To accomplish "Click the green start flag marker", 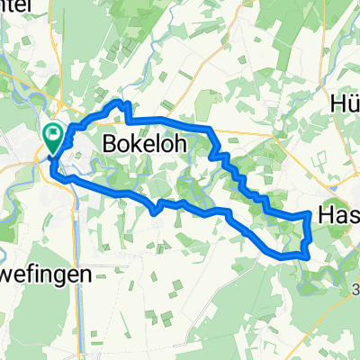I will (53, 138).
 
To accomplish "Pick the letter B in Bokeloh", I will (111, 142).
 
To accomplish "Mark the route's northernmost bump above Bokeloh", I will (117, 104).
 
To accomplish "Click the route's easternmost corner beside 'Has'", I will (310, 216).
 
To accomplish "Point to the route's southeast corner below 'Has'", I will (307, 255).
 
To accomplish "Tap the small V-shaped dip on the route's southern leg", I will (157, 211).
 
